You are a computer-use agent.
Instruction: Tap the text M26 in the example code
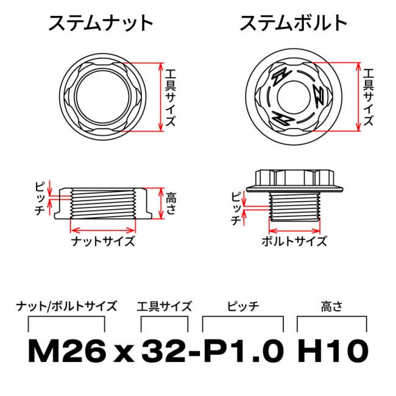67,352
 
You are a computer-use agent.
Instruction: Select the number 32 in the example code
161,352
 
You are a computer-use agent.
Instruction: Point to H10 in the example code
333,352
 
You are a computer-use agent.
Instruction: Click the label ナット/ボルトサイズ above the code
67,306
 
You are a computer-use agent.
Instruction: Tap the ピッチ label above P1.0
242,306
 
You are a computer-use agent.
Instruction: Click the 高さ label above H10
331,306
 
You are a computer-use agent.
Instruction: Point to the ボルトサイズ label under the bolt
294,241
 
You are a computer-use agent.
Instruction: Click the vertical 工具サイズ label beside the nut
171,96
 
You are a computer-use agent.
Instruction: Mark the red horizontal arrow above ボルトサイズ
294,230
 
